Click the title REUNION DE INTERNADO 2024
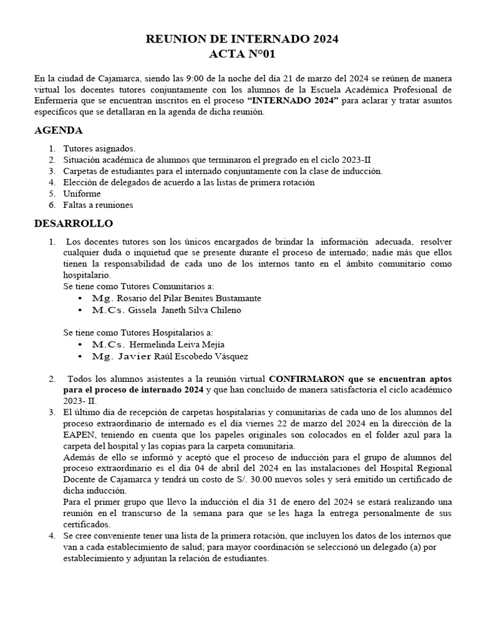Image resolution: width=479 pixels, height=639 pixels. (x=242, y=39)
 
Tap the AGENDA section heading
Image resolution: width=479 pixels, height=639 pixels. (x=58, y=130)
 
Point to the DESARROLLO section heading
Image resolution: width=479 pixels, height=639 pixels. (x=74, y=223)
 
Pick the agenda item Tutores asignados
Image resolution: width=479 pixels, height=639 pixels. (x=99, y=149)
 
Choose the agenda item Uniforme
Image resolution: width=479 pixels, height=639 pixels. (x=82, y=193)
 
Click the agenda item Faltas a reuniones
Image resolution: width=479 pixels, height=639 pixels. (x=98, y=205)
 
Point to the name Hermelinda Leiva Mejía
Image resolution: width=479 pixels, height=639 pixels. (x=177, y=344)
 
